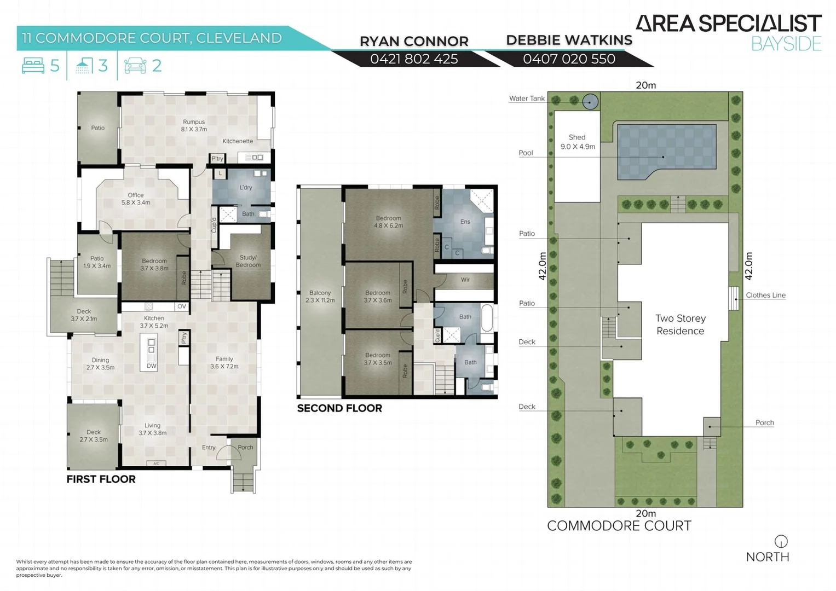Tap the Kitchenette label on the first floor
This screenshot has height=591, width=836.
pos(238,141)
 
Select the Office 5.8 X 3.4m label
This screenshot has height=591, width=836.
pos(136,199)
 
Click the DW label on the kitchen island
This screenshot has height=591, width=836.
pos(152,366)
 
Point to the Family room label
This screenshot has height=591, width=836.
pos(224,363)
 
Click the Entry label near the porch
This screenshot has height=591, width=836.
pos(209,448)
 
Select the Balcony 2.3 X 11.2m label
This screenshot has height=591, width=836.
pos(320,297)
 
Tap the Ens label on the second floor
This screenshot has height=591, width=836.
pos(465,222)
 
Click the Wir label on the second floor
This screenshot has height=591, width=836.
pos(465,280)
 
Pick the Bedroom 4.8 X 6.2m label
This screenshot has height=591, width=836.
pos(388,222)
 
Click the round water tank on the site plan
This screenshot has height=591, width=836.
pos(590,101)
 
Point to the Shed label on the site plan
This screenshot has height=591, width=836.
pos(577,142)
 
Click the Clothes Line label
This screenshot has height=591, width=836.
pos(765,296)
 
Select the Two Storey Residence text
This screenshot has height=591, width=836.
pos(681,325)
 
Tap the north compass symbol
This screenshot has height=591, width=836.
pos(781,541)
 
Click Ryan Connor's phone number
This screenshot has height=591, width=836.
pos(414,59)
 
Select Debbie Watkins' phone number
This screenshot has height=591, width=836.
pos(569,59)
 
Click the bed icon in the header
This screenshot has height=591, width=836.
pos(33,66)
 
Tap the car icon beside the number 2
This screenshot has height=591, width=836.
pos(135,66)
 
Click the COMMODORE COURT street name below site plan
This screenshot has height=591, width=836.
pos(619,526)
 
